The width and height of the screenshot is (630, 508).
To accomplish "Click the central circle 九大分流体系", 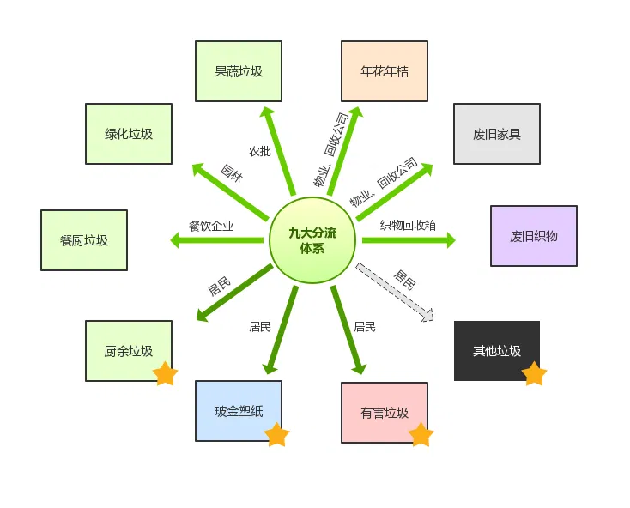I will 312,240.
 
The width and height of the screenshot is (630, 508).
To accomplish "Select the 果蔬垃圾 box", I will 238,71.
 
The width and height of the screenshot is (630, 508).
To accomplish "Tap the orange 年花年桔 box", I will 384,71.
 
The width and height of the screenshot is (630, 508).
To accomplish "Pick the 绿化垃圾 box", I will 129,134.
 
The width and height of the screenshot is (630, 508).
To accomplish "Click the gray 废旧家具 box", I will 496,134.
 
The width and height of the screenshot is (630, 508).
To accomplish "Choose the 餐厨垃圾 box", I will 84,240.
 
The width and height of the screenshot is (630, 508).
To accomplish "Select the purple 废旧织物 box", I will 533,236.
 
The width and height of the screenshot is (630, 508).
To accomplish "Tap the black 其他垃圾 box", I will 496,350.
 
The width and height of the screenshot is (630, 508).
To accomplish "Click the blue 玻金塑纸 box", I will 238,411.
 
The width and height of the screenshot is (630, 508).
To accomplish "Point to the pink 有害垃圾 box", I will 384,412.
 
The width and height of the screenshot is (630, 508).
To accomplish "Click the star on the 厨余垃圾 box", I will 165,374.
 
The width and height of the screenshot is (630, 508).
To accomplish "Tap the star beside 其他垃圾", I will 534,374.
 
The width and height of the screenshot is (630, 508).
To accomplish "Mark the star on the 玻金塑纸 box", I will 276,435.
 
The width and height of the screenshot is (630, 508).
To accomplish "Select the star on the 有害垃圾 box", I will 421,435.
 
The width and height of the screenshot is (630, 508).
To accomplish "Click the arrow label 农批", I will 259,151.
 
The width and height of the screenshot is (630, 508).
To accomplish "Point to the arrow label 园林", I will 231,172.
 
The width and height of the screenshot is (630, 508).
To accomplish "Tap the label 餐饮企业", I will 211,227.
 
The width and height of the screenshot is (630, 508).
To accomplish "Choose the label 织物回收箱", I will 408,225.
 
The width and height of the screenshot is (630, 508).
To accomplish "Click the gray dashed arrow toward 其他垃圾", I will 395,293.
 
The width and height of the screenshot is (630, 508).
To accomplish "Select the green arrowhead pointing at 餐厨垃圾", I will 176,241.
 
